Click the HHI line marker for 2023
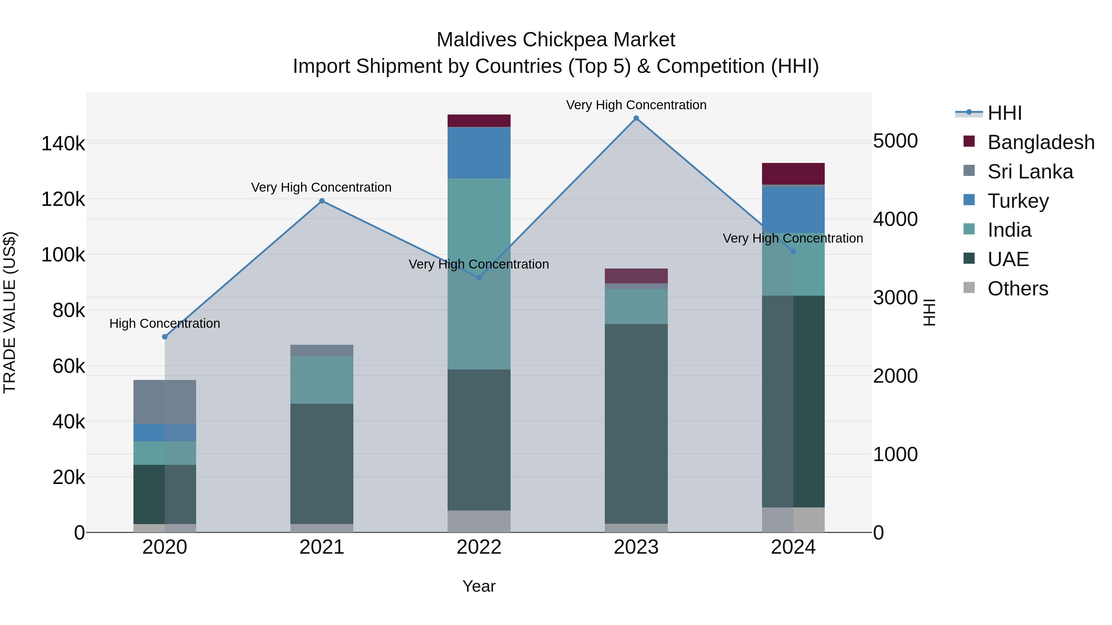(636, 118)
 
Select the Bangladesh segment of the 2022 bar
(479, 121)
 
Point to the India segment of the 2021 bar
(322, 380)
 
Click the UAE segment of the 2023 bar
(636, 423)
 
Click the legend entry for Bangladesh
(1040, 142)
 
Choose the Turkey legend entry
(1017, 201)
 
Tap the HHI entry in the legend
(1004, 113)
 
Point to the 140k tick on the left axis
(63, 144)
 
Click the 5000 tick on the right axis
(895, 141)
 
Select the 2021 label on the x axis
(322, 547)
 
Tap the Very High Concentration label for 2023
(636, 105)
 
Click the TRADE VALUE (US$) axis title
(10, 312)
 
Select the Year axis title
(479, 586)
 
